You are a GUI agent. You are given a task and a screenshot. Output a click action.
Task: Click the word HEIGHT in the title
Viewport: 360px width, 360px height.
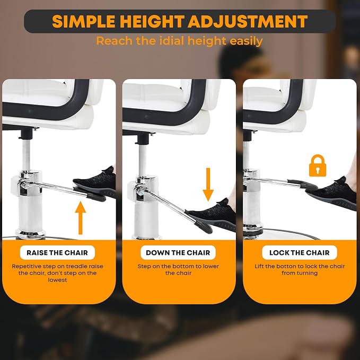pyautogui.click(x=152, y=21)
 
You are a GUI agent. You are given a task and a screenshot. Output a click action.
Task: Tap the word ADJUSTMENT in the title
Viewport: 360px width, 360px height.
pyautogui.click(x=248, y=21)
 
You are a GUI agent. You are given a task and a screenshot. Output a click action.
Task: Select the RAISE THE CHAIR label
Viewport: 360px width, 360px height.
pyautogui.click(x=57, y=252)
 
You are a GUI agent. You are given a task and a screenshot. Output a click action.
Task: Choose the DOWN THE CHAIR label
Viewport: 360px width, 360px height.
pyautogui.click(x=178, y=252)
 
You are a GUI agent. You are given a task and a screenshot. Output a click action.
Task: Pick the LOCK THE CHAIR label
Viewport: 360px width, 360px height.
pyautogui.click(x=300, y=252)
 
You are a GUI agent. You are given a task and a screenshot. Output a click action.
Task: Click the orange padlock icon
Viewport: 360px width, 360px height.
pyautogui.click(x=318, y=165)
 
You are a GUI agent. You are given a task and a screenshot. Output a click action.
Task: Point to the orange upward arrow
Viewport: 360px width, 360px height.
pyautogui.click(x=81, y=218)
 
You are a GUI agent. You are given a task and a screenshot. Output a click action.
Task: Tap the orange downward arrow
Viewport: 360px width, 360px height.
pyautogui.click(x=208, y=185)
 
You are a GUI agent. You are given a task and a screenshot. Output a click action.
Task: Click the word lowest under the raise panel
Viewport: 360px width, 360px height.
pyautogui.click(x=57, y=280)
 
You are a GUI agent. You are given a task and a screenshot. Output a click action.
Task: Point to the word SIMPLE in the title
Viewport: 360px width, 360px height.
pyautogui.click(x=84, y=21)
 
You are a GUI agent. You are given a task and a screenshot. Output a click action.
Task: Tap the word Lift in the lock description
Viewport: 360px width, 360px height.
pyautogui.click(x=259, y=266)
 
